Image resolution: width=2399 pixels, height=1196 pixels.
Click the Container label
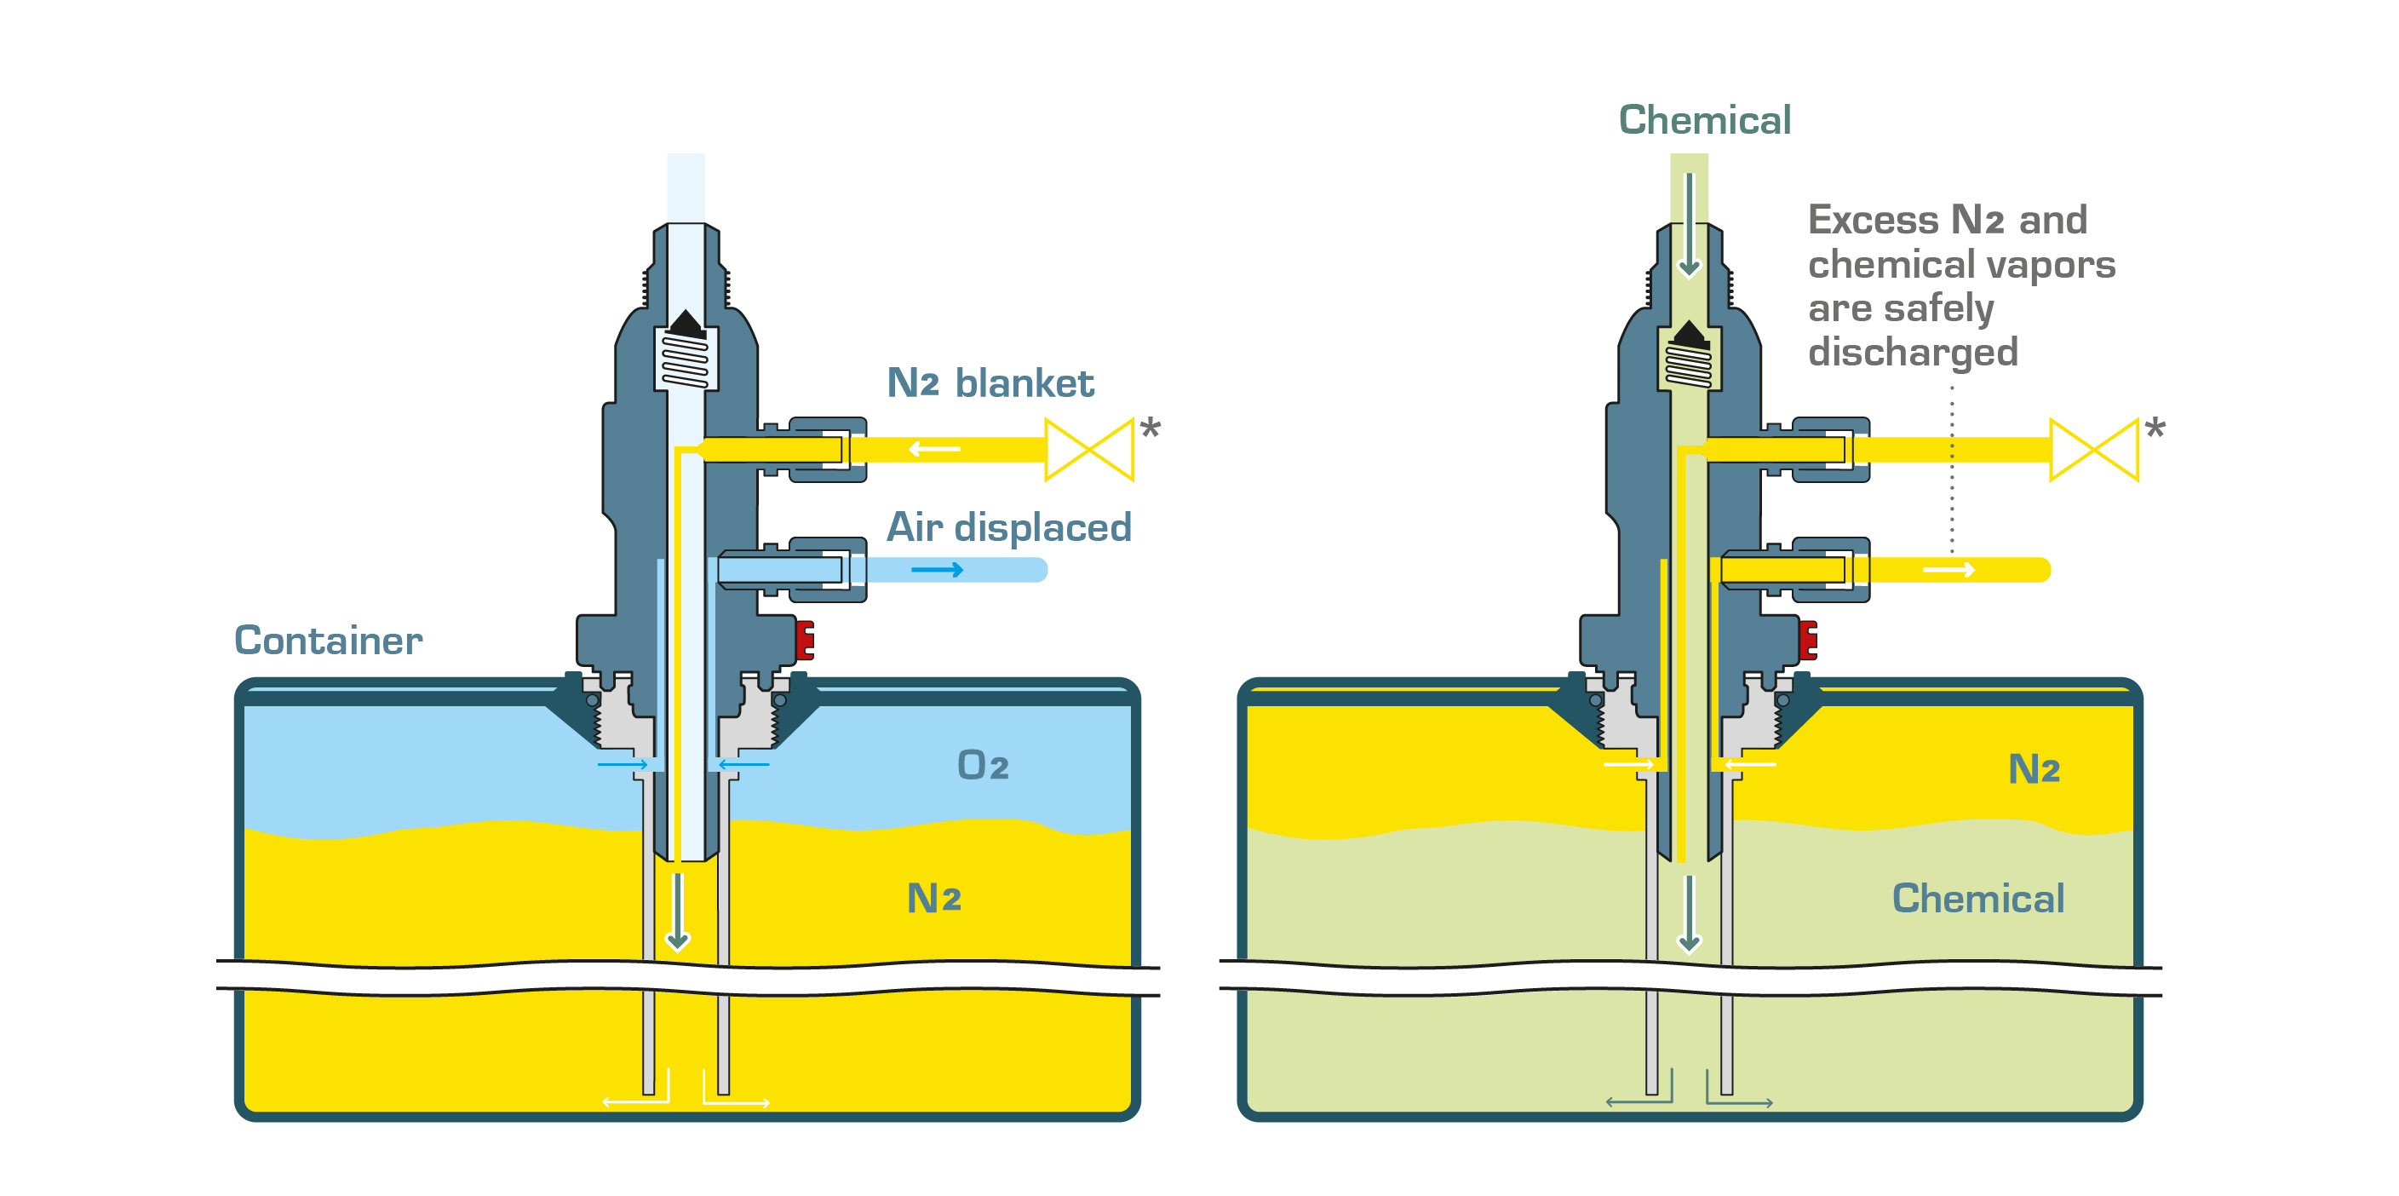(x=328, y=641)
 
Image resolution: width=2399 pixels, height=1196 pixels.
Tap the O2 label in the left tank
(x=983, y=765)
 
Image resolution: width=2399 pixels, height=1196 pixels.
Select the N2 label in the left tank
(x=933, y=898)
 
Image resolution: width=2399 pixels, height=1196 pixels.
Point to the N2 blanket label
(x=989, y=382)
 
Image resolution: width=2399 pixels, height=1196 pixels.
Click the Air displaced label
(x=1008, y=527)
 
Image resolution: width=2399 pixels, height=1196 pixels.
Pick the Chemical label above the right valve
(x=1704, y=120)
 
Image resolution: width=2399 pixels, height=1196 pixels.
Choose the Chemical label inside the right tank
(x=1978, y=898)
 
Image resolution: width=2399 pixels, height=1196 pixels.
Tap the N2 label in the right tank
(x=2033, y=769)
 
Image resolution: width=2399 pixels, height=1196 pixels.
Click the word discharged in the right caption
(x=1913, y=352)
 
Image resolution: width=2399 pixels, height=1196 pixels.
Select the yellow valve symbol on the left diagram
(x=1088, y=450)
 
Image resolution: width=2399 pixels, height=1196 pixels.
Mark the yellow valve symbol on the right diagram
(x=2093, y=450)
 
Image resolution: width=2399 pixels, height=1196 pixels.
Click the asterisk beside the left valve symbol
(x=1151, y=429)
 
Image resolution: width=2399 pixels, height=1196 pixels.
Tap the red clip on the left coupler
(x=805, y=640)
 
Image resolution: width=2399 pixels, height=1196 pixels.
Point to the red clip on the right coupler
(x=1808, y=640)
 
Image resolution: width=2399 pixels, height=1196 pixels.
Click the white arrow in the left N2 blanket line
(x=934, y=450)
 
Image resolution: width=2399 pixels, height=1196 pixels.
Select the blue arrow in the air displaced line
(x=937, y=569)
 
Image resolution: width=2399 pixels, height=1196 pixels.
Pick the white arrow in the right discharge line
(x=1949, y=569)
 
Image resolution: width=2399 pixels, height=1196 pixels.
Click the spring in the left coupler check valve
(x=686, y=359)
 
